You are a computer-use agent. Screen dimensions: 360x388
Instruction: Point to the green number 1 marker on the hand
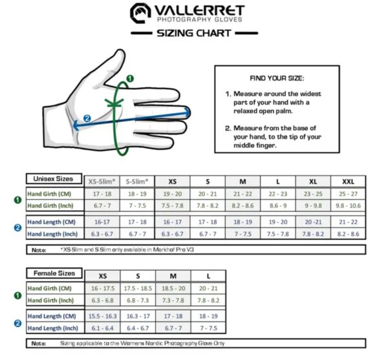coord(130,78)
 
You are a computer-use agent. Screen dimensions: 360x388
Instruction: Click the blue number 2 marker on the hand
coord(87,118)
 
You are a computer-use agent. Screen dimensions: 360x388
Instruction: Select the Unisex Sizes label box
coord(54,179)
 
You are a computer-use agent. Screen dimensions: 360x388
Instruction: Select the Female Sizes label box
coord(54,273)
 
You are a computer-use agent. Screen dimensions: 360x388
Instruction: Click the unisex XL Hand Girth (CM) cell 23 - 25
coord(313,193)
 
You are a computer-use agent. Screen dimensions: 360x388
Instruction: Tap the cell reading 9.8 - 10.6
coord(348,205)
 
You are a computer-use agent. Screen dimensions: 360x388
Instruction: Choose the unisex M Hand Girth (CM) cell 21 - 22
coord(242,193)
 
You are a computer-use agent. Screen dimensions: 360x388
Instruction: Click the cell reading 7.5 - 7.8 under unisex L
coord(277,234)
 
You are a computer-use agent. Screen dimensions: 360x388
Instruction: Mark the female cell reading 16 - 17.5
coord(102,288)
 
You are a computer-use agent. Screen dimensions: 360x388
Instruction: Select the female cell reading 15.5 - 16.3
coord(102,316)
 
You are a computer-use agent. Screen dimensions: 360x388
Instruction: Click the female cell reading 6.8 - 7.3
coord(137,300)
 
